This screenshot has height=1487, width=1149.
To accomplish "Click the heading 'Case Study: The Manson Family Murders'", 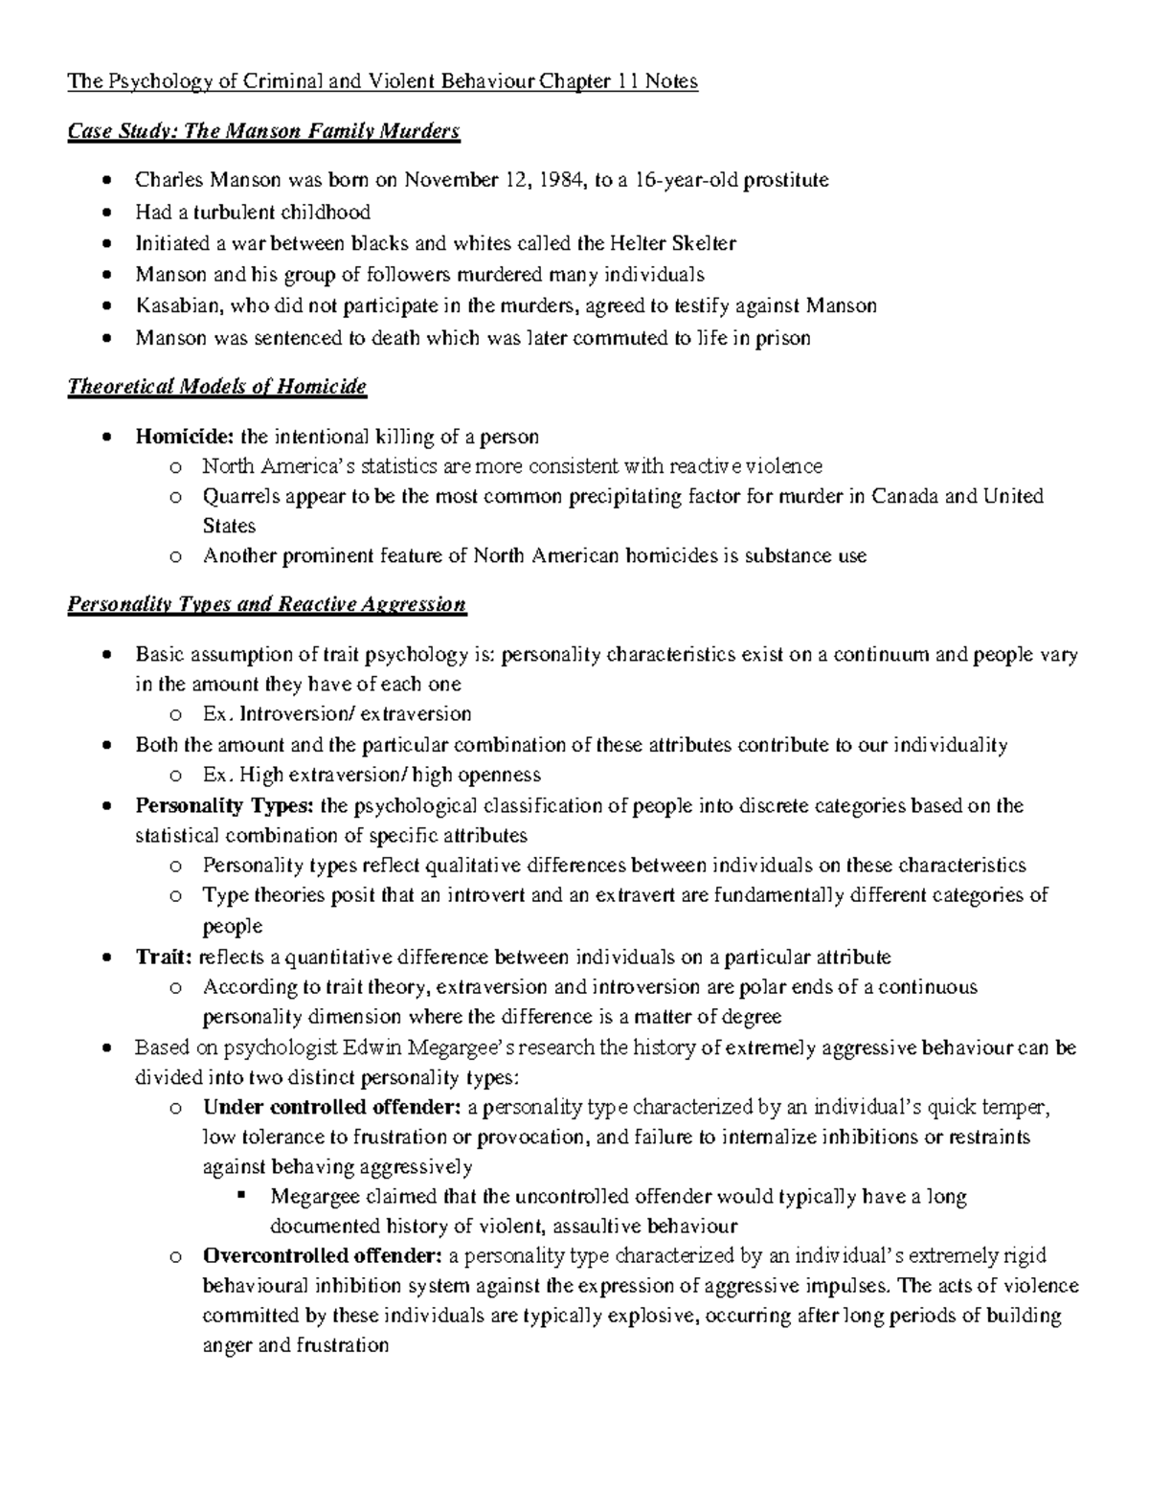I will point(263,131).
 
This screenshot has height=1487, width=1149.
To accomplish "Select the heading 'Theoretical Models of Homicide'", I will point(217,387).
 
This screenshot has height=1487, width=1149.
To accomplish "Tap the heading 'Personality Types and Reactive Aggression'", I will point(267,604).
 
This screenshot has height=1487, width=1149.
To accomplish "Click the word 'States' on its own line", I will point(229,526).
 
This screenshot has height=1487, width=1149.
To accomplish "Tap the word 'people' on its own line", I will point(232,926).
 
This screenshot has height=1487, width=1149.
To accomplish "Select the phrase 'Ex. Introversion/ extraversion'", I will point(337,713).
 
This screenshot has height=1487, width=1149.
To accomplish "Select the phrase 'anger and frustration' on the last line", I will point(296,1345).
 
